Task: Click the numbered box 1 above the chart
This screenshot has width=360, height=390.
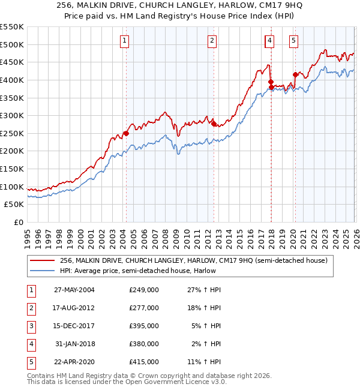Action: [124, 41]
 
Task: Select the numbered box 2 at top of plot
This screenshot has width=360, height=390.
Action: [212, 41]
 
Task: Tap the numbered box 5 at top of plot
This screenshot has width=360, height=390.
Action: [293, 41]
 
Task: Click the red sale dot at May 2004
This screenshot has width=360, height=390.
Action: [126, 133]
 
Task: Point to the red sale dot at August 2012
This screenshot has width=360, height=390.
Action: [214, 124]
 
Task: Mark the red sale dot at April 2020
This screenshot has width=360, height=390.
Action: [295, 74]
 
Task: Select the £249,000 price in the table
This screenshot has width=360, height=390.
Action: [143, 290]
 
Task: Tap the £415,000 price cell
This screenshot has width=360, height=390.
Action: [143, 362]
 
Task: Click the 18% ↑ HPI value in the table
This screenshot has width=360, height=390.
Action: [206, 308]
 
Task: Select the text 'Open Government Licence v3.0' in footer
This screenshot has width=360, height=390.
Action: [175, 382]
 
